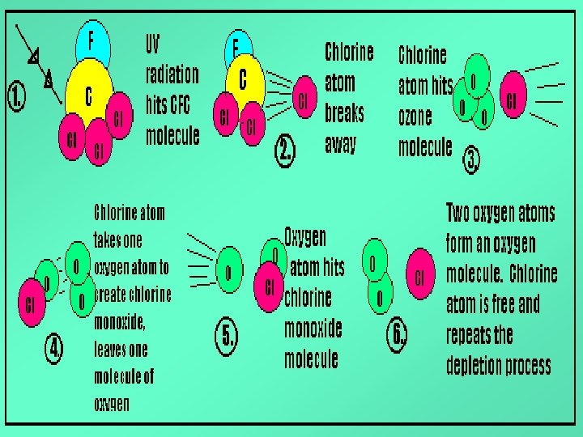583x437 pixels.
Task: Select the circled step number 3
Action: point(472,162)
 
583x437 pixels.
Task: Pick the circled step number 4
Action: point(53,350)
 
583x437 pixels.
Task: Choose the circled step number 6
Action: point(398,334)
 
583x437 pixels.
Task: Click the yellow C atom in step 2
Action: point(242,81)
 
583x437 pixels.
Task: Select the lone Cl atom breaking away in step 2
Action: point(304,100)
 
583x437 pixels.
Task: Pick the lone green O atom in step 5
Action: point(228,273)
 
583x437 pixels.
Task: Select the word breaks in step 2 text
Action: point(345,112)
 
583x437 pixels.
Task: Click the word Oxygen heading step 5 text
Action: point(305,237)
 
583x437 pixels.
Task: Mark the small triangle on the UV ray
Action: point(33,58)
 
